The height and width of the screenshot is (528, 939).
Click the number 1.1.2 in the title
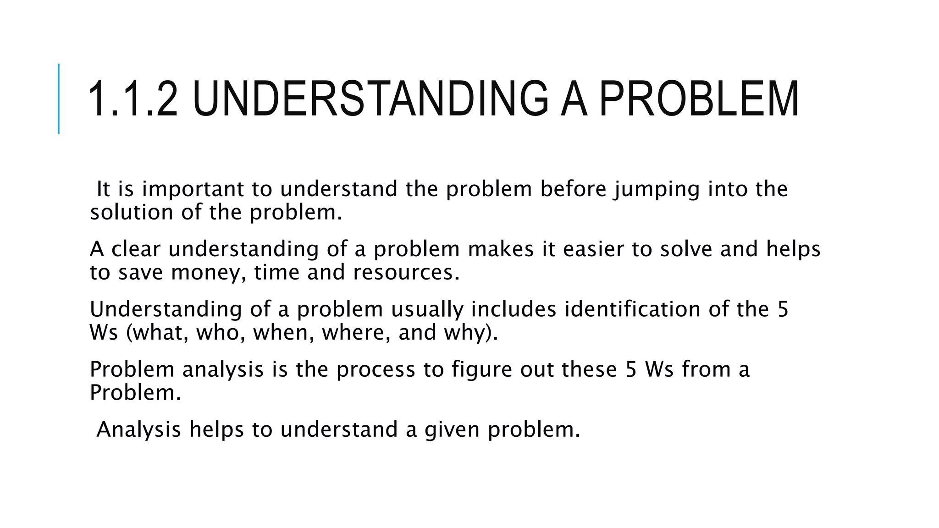pos(133,99)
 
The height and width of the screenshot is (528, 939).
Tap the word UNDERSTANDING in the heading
pos(370,99)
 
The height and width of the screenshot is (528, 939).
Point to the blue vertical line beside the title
pos(59,99)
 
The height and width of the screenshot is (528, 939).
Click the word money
pos(208,273)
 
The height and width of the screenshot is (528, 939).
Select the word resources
pos(406,273)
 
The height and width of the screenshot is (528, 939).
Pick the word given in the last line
pos(452,430)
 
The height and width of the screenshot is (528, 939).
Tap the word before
pos(574,189)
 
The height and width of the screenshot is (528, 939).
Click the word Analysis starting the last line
pos(139,430)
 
